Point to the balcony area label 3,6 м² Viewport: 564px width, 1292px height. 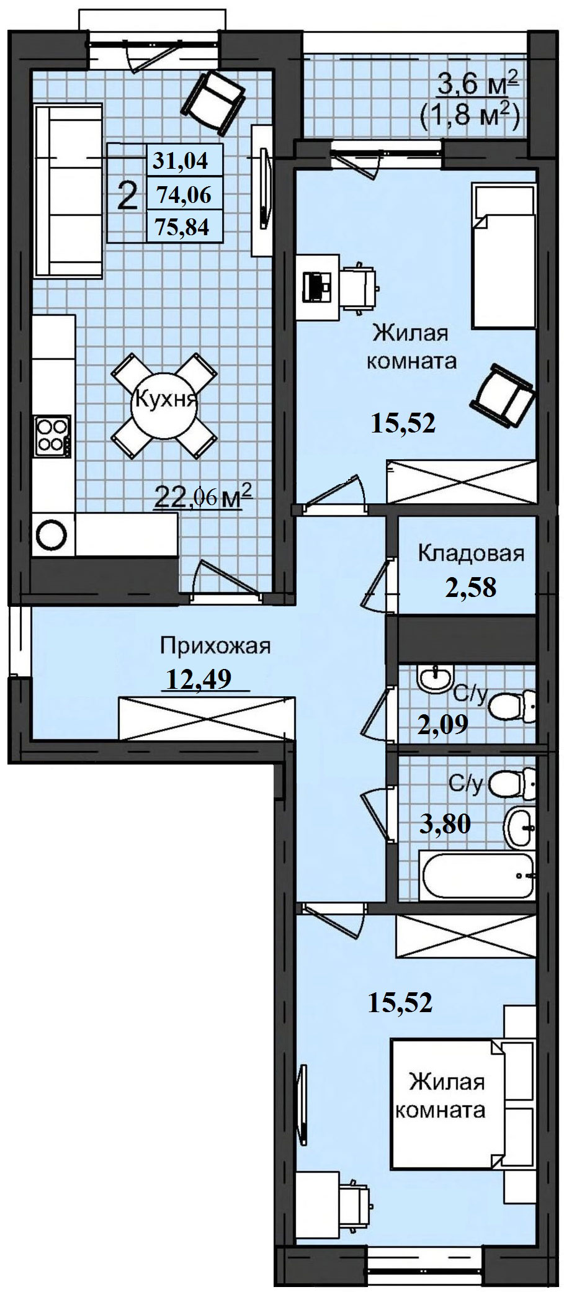click(x=478, y=83)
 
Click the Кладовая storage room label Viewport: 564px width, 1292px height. click(x=471, y=552)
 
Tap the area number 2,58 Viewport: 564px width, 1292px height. click(x=470, y=587)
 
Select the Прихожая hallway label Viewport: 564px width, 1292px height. click(x=215, y=646)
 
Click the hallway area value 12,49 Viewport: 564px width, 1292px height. click(x=199, y=678)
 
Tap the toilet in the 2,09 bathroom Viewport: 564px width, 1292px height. click(x=513, y=704)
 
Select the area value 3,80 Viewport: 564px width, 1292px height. click(x=445, y=823)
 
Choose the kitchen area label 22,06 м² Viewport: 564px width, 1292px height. click(x=204, y=496)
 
